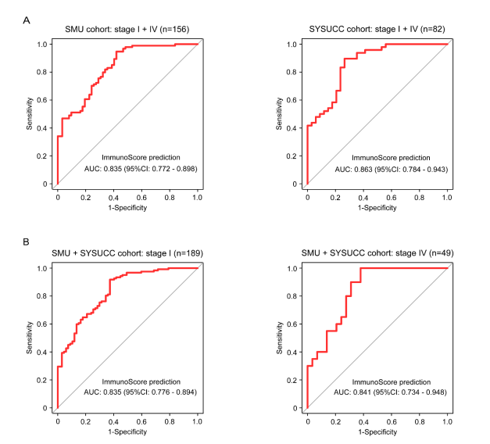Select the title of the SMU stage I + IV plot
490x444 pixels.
[x=127, y=30]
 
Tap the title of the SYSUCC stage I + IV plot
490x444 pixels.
[x=377, y=30]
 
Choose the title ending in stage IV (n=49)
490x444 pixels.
[x=377, y=254]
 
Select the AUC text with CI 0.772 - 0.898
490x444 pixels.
[x=139, y=169]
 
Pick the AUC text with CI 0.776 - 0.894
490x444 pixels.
[x=139, y=392]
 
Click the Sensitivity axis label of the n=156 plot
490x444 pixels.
[x=30, y=114]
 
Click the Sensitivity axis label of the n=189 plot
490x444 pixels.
[x=30, y=338]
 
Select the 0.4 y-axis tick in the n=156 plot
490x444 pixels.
[x=46, y=128]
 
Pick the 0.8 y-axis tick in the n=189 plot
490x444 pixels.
[x=46, y=295]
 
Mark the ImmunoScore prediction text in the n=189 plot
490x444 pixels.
[x=138, y=381]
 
